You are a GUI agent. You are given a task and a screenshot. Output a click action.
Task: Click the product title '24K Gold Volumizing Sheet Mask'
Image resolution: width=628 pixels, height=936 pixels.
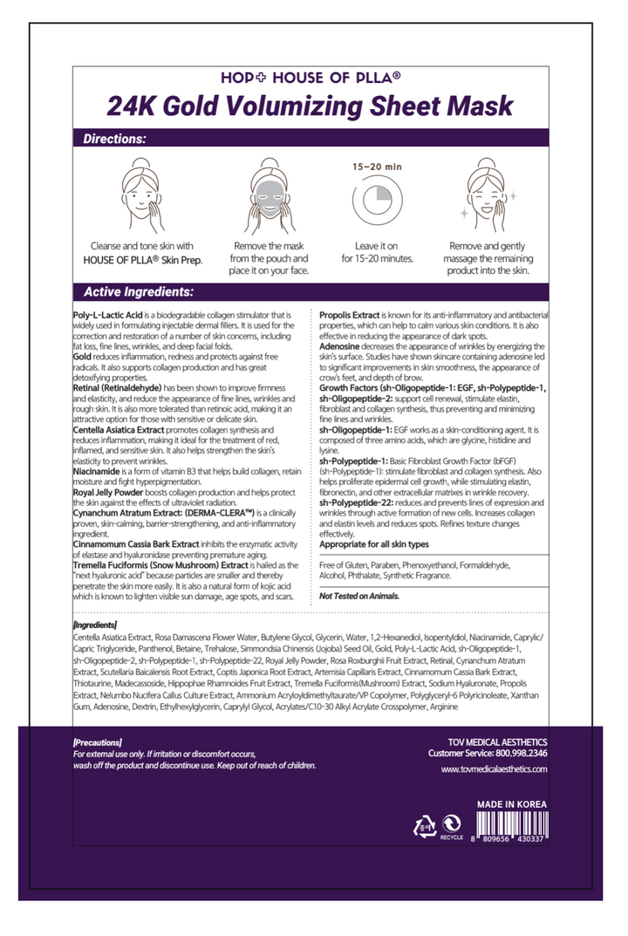pos(311,106)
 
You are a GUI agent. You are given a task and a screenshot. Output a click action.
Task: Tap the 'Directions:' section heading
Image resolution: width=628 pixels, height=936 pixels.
pos(114,139)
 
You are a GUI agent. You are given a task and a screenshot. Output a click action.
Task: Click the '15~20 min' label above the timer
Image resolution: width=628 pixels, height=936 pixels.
pos(377,166)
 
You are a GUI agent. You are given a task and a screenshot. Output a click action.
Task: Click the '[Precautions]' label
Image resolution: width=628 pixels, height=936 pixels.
pos(98,742)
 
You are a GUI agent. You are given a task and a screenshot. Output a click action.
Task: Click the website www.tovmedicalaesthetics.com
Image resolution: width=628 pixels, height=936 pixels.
pos(494,769)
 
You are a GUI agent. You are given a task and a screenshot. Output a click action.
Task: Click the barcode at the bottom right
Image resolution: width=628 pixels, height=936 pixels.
pos(512,826)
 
